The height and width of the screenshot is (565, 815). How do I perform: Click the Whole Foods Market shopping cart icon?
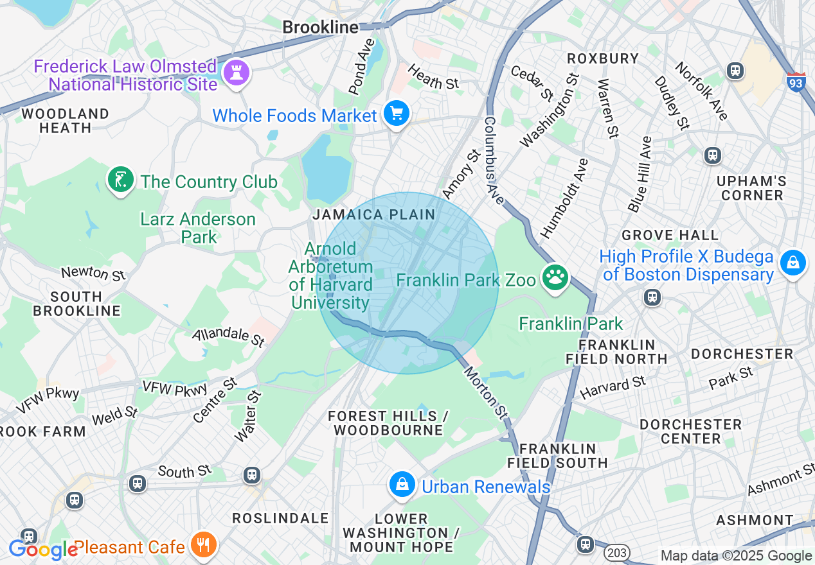pos(397,114)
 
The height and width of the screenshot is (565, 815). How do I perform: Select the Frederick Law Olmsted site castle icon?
pos(235,73)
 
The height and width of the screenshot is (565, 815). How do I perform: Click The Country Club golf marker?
pos(120,180)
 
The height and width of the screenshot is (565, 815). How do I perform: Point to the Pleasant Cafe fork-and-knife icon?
pos(204,546)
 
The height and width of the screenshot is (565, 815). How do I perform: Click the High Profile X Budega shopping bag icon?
pos(793,263)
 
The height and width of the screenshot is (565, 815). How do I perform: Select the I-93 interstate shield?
pos(796,82)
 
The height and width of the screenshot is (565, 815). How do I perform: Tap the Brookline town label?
pos(320,27)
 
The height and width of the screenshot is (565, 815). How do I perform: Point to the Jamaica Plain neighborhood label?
pos(373,215)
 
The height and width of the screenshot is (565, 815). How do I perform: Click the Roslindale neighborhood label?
pos(280,518)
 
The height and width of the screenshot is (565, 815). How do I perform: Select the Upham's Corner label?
pos(751,188)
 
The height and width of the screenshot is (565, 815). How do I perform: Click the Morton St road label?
pos(486,392)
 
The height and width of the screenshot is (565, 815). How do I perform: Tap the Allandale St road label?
pos(228,336)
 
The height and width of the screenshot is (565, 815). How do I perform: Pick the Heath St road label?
pos(433,79)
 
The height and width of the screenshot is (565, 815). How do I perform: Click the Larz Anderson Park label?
pos(199,228)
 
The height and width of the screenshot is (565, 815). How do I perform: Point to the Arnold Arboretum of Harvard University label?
pos(330,276)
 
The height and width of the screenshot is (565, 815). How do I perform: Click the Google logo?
pos(42,550)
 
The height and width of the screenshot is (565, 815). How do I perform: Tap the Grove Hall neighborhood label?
pos(670,235)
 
